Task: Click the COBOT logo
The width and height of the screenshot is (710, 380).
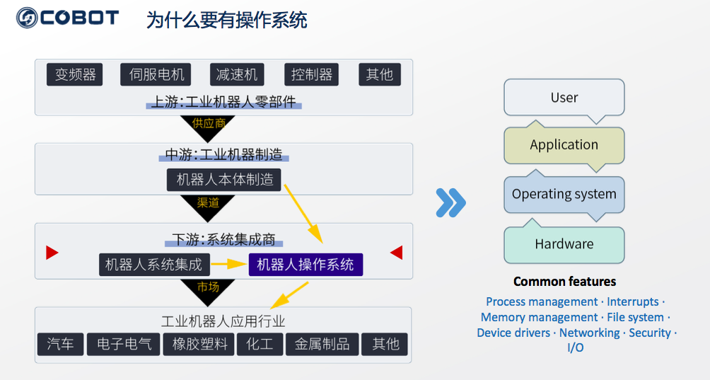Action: pos(67,17)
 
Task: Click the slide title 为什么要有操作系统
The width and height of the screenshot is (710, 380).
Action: pos(226,20)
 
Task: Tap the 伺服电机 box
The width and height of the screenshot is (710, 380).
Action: pos(156,74)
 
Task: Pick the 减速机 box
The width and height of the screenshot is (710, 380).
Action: pos(236,74)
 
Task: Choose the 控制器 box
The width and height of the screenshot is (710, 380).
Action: pos(311,74)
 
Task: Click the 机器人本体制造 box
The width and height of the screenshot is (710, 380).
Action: pos(224,180)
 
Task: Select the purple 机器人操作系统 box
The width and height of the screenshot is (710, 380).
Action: pos(305,265)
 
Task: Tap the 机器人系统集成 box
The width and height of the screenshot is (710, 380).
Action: pos(153,265)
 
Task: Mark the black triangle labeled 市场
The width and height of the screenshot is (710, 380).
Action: pos(208,288)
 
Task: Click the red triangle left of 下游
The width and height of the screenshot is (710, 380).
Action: pos(52,253)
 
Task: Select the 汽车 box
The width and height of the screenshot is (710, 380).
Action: pos(60,344)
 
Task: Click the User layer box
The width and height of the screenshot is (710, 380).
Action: pos(564,98)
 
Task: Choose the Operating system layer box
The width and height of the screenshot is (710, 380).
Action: pos(564,194)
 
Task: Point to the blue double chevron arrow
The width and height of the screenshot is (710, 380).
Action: pos(450,202)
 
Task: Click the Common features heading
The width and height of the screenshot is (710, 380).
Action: pos(564,282)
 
